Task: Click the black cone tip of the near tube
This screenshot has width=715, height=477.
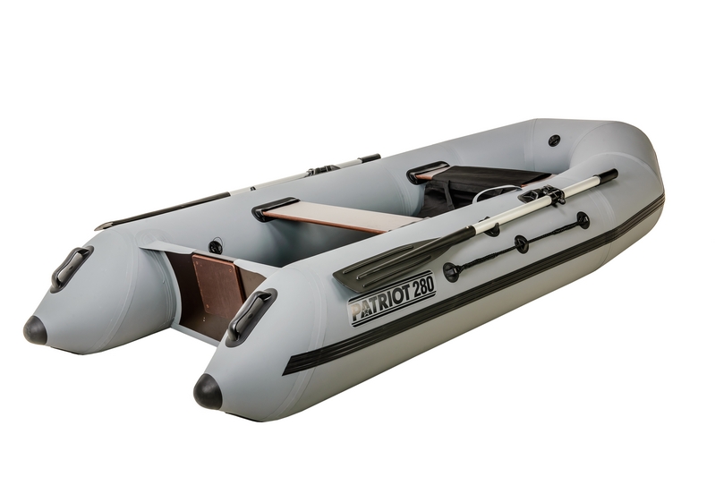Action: pos(208,392)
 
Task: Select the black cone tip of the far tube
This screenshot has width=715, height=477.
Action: pos(35,330)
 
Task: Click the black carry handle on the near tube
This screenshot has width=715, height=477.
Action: pos(251,316)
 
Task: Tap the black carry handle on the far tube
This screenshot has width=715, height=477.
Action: pos(71,268)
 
